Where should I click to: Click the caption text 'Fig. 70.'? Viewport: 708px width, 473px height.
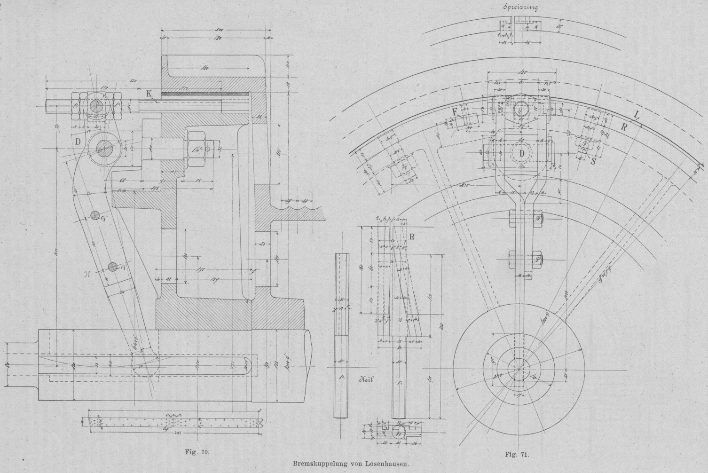click(x=197, y=452)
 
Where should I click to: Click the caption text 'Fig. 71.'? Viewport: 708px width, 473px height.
click(x=517, y=455)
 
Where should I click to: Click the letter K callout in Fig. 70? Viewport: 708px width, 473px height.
click(x=149, y=94)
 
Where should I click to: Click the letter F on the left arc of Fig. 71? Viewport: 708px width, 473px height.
click(x=455, y=111)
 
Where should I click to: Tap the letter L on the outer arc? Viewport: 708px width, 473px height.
click(x=637, y=114)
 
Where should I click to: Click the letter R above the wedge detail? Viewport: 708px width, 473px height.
click(x=412, y=236)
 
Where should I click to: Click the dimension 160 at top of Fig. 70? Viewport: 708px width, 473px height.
click(x=205, y=68)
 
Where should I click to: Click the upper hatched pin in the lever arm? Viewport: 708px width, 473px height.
click(x=95, y=216)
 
